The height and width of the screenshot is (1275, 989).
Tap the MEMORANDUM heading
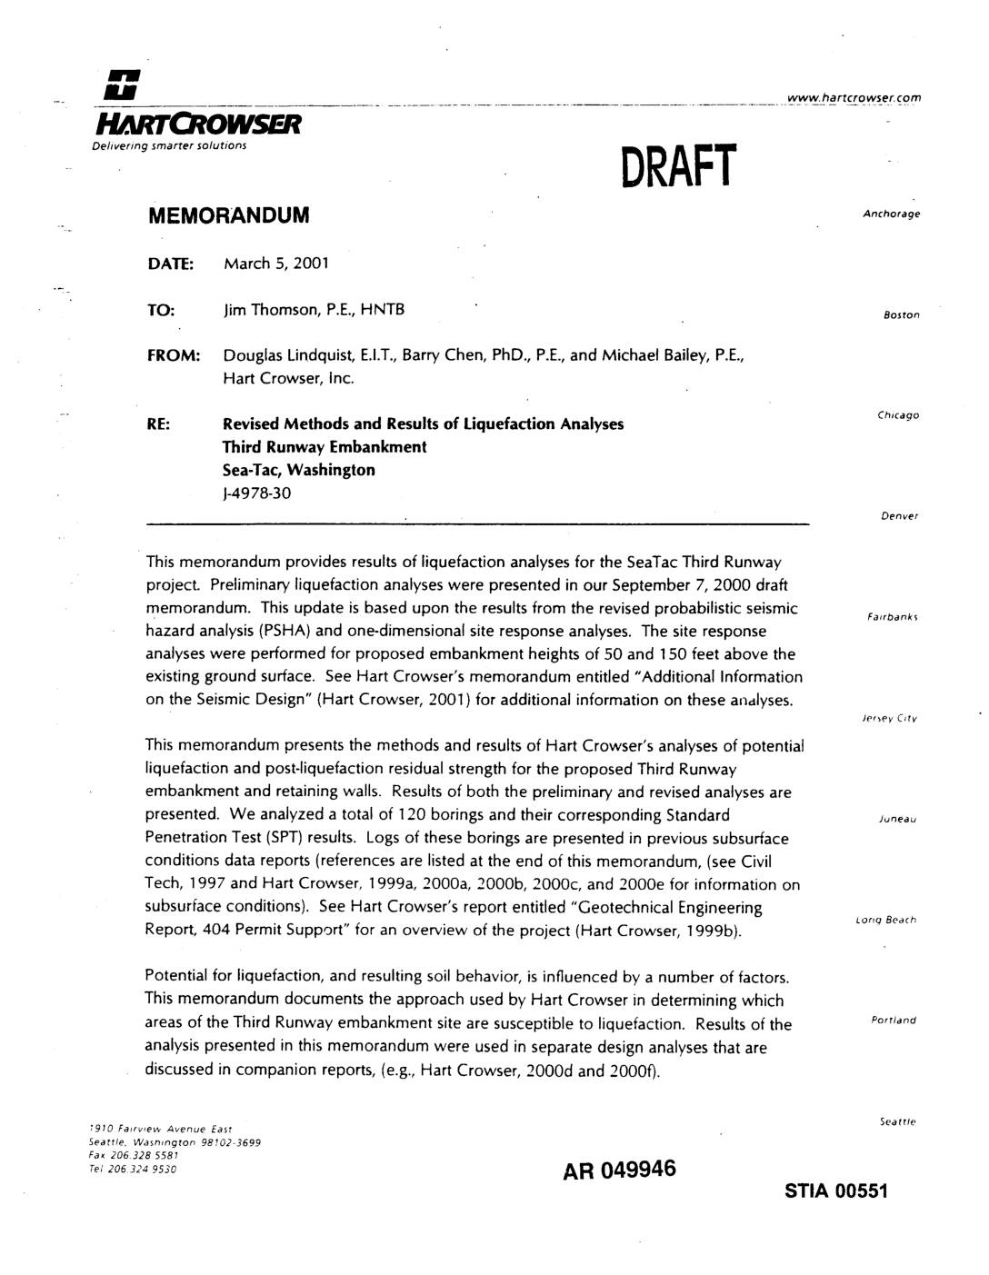(228, 215)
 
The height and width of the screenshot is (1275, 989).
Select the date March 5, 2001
(275, 264)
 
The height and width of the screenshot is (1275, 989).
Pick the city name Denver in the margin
(900, 516)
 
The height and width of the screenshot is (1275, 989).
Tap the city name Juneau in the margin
(897, 819)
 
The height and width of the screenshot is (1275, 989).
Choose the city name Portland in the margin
(894, 1020)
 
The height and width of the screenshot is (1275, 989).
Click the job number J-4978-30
(257, 493)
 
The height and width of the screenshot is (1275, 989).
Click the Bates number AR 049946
(620, 1170)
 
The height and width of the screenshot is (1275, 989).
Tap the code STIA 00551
(835, 1191)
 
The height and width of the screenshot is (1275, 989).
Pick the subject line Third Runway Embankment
(325, 447)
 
